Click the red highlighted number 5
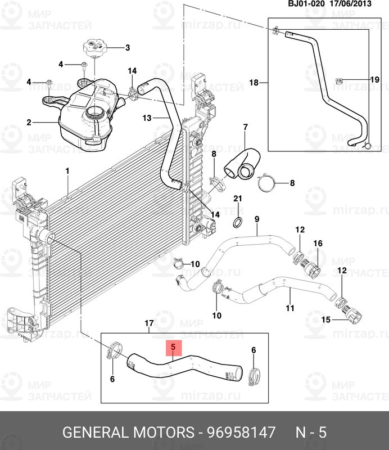[x=173, y=348]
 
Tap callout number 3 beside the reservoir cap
[x=127, y=47]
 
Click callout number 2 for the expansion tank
[x=29, y=121]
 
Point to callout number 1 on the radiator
[x=67, y=171]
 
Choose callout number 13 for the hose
[x=147, y=118]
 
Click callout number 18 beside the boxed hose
[x=254, y=83]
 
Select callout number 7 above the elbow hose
[x=245, y=127]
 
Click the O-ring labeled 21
[x=237, y=220]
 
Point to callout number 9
[x=256, y=219]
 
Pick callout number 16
[x=318, y=244]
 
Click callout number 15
[x=325, y=320]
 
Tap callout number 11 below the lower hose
[x=290, y=308]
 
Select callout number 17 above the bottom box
[x=149, y=323]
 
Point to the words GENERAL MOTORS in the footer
[x=127, y=433]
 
